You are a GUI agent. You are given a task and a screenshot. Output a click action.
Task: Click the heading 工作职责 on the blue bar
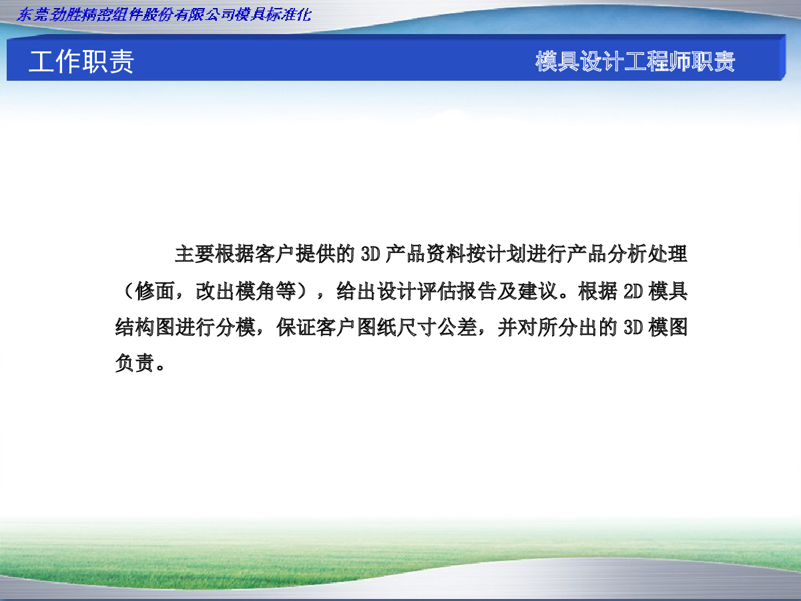point(81,61)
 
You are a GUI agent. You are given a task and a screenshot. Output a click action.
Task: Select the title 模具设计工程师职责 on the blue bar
point(635,61)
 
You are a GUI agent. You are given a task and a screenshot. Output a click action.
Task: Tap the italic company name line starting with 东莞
point(164,15)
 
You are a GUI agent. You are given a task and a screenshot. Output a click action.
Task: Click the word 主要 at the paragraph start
point(194,254)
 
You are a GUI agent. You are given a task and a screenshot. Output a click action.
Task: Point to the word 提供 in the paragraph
point(315,254)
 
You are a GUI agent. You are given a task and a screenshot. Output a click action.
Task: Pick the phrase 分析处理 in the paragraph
point(647,254)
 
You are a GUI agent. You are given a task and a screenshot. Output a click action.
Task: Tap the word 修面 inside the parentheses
point(155,291)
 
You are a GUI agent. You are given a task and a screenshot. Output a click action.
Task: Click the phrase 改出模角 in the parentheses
point(236,291)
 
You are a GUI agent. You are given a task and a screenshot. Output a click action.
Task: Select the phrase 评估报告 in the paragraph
point(457,291)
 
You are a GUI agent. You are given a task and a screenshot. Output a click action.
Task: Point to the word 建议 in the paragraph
point(537,291)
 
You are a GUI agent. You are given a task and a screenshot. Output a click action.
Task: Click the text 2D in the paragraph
point(633,291)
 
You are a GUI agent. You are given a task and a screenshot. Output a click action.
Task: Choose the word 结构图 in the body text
point(145,327)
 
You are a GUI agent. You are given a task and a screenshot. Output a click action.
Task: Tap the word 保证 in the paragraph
point(296,327)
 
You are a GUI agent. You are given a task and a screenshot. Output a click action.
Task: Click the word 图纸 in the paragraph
point(376,327)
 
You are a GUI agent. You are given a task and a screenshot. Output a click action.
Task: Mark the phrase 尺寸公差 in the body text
point(437,327)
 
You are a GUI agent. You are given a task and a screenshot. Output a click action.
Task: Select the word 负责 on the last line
point(135,363)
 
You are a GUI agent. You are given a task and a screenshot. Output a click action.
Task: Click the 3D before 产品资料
point(370,254)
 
